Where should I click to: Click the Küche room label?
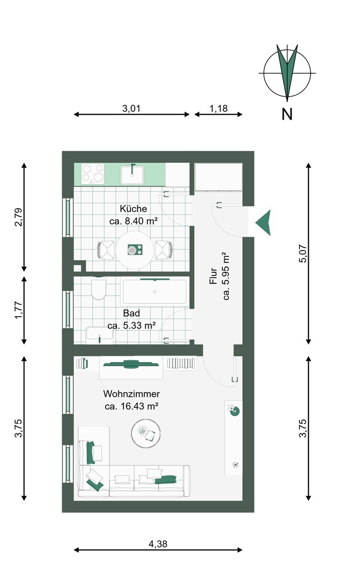click(x=133, y=209)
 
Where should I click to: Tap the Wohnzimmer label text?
click(x=131, y=394)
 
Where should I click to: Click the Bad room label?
click(x=131, y=313)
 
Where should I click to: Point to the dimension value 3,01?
click(x=131, y=109)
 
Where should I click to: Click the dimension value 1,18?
click(x=218, y=109)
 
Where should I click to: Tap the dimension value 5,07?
click(x=303, y=254)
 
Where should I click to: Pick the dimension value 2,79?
click(x=19, y=217)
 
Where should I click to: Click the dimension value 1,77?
click(x=19, y=310)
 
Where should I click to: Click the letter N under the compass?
click(x=287, y=114)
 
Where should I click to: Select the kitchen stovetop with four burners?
click(x=93, y=174)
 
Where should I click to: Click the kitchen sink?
click(x=132, y=174)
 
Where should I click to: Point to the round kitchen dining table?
click(x=135, y=250)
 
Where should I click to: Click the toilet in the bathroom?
click(x=98, y=288)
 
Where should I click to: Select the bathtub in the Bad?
click(x=155, y=292)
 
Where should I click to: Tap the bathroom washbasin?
click(x=99, y=335)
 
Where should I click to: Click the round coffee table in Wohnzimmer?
click(x=146, y=433)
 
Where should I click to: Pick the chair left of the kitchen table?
click(x=106, y=250)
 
